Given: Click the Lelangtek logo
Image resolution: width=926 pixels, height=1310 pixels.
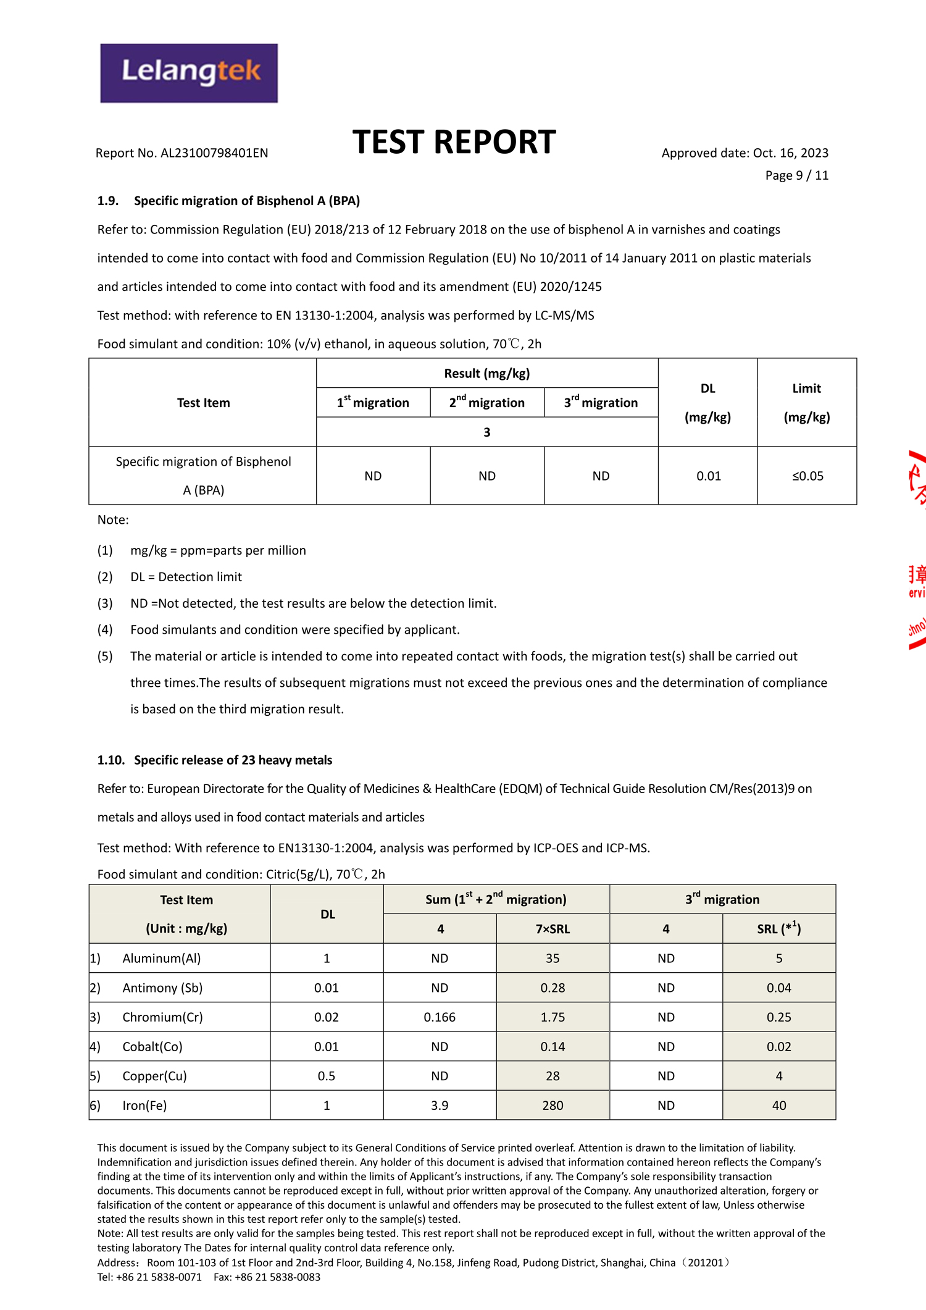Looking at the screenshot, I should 189,73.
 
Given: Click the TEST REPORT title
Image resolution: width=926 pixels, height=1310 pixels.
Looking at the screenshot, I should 454,142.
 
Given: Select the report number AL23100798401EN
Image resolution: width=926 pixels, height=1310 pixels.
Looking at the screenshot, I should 214,153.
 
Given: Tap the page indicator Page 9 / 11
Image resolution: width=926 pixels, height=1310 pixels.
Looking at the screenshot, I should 796,175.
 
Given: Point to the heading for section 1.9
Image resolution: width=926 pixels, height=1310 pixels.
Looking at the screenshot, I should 228,201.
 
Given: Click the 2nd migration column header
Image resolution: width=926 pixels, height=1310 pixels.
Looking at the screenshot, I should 486,403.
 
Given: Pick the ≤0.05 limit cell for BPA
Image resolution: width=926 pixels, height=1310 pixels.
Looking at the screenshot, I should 807,476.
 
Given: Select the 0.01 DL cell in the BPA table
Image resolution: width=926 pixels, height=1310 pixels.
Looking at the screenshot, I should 708,476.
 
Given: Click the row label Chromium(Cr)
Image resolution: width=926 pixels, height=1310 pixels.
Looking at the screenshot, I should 162,1017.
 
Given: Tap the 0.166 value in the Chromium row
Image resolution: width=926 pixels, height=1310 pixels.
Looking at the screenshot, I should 440,1017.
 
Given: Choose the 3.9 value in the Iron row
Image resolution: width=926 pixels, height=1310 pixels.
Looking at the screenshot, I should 440,1106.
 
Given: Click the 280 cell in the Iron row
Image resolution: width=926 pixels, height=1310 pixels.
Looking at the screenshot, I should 553,1106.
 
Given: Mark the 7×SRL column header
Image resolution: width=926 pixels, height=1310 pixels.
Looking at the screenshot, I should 553,929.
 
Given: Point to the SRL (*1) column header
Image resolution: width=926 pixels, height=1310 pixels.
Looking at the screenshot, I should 779,929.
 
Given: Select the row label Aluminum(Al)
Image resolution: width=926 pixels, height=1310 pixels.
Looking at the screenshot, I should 162,959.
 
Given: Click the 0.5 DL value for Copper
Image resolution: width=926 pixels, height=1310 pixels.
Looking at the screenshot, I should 327,1076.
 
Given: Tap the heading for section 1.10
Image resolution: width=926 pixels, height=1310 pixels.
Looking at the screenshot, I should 215,760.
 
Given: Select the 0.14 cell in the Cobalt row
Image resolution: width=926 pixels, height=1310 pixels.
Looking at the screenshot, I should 553,1047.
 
